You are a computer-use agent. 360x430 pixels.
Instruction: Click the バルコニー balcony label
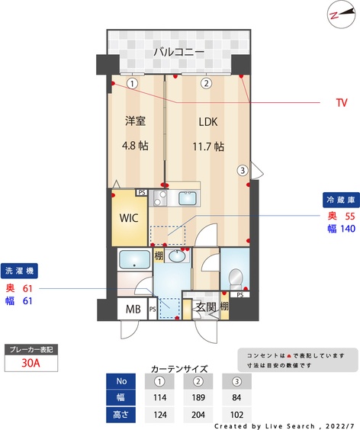[179, 52]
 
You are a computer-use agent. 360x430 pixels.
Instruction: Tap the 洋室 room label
[135, 120]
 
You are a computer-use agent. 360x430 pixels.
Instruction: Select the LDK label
[208, 122]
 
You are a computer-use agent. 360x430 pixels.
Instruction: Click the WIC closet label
[129, 218]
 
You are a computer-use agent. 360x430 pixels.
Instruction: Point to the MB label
[133, 309]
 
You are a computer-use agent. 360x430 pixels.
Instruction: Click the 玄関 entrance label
[206, 306]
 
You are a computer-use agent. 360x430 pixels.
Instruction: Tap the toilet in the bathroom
[236, 278]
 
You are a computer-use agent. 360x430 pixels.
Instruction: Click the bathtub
[134, 259]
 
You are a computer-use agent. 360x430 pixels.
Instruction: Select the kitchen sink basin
[188, 198]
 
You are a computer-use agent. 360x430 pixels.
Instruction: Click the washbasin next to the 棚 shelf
[177, 256]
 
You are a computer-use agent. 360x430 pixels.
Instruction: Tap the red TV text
[342, 103]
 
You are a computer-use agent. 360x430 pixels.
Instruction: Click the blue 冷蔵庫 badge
[341, 200]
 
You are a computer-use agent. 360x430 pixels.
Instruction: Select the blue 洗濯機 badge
[19, 271]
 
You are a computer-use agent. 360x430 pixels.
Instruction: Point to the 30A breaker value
[31, 363]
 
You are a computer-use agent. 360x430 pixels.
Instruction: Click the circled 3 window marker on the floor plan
[243, 170]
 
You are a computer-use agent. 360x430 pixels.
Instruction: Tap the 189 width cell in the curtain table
[198, 397]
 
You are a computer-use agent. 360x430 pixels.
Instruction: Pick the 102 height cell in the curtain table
[236, 415]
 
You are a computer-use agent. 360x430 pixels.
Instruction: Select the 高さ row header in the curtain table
[121, 415]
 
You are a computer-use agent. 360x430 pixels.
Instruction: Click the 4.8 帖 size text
[135, 146]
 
